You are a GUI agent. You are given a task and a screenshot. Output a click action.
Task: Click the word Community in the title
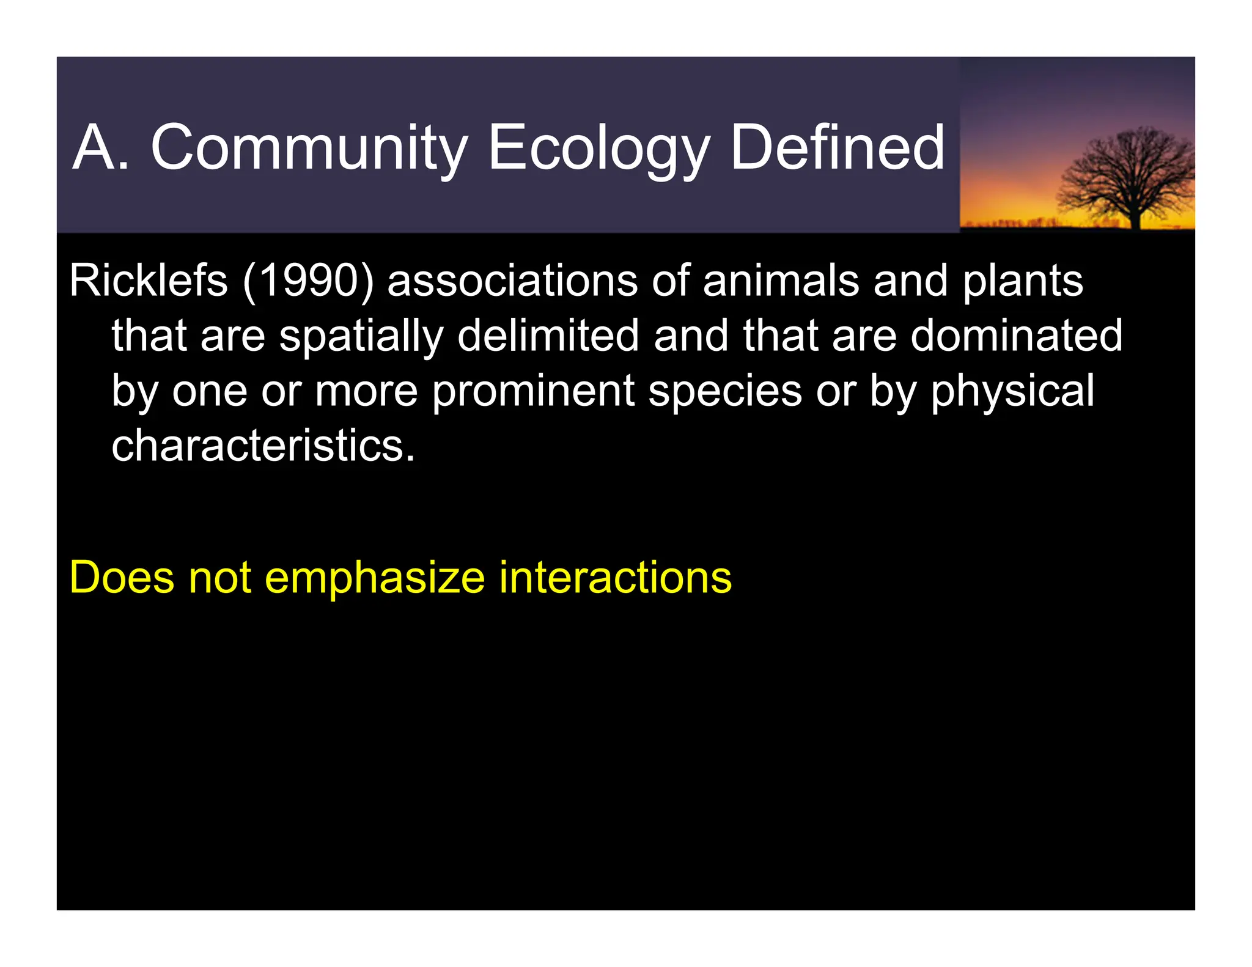point(309,148)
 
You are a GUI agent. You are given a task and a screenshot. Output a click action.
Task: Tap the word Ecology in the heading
point(598,148)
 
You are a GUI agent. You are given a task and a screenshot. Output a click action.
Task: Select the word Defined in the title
point(837,148)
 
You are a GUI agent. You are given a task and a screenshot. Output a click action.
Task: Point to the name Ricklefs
point(149,281)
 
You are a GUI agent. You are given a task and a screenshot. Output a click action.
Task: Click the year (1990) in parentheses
point(308,281)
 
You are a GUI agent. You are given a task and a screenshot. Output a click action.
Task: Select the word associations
point(512,281)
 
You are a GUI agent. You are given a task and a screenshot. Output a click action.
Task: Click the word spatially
point(361,336)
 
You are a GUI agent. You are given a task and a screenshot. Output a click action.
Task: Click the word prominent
point(533,391)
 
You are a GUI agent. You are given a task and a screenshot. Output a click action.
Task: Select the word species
point(724,391)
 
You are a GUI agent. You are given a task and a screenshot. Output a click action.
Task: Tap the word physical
point(1012,391)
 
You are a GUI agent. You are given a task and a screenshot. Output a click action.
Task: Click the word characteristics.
point(263,445)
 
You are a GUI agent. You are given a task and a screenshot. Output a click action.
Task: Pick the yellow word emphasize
point(375,577)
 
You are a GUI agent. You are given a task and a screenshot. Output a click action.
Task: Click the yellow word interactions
point(615,577)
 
